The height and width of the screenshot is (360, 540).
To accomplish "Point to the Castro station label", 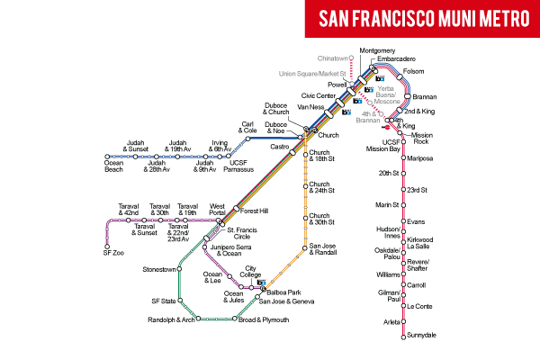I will pyautogui.click(x=279, y=146).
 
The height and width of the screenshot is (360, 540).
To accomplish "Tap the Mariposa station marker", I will pyautogui.click(x=403, y=157).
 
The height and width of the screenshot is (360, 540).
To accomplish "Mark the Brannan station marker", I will pyautogui.click(x=407, y=95).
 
